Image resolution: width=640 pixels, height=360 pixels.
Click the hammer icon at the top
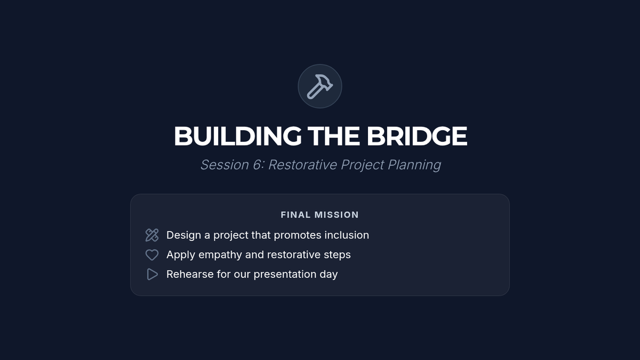[319, 86]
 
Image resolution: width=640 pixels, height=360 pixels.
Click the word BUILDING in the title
[237, 136]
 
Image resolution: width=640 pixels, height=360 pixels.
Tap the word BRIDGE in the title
[417, 136]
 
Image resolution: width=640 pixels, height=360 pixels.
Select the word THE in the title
[333, 136]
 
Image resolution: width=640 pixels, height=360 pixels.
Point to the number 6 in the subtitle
[257, 165]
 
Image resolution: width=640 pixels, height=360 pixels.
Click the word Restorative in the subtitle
[302, 165]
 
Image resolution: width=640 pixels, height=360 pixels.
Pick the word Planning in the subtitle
[414, 165]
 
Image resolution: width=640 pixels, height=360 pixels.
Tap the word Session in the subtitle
[225, 165]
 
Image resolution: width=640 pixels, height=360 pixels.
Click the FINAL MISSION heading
[319, 215]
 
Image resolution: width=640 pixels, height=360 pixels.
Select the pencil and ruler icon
[151, 235]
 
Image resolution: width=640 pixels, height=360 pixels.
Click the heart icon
[151, 255]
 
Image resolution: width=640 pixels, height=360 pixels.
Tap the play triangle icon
[153, 274]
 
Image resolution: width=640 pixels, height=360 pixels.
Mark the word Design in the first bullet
[183, 236]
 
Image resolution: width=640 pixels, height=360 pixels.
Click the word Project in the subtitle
[362, 165]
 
